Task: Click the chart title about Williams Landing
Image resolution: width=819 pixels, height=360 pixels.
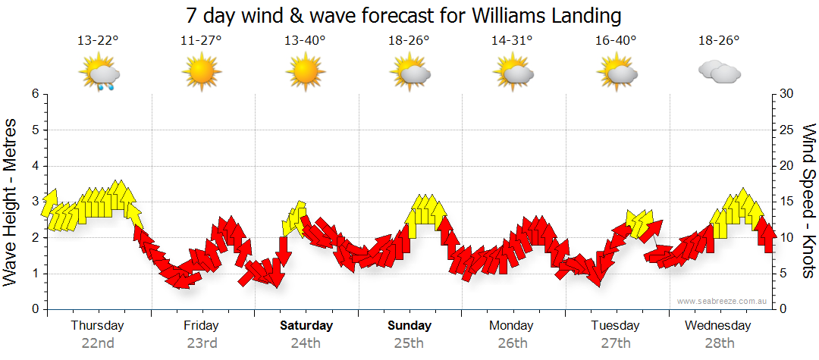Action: click(403, 15)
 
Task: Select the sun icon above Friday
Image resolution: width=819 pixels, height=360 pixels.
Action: click(201, 73)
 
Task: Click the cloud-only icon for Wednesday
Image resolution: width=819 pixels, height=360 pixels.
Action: click(719, 72)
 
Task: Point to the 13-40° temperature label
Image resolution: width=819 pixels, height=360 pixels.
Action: click(305, 41)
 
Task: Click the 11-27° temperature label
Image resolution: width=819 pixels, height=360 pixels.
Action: click(201, 41)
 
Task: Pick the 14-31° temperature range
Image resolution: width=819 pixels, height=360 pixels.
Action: click(512, 41)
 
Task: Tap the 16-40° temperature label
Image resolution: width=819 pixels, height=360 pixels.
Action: click(616, 41)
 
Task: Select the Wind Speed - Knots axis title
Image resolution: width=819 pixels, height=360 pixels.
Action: click(808, 202)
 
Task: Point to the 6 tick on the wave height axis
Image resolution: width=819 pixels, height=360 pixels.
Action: click(34, 94)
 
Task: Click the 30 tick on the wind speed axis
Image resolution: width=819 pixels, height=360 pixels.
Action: click(787, 94)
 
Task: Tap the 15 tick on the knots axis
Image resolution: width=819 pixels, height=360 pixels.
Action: click(787, 202)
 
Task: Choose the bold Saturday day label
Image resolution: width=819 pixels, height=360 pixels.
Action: click(306, 326)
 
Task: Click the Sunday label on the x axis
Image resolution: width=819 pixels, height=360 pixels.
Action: click(409, 326)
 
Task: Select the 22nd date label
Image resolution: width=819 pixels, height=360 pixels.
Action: click(98, 343)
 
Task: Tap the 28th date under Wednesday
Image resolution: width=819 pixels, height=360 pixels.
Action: click(718, 343)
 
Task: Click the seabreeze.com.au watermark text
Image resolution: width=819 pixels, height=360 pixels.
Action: click(723, 301)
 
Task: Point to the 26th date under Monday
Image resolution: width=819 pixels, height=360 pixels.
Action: click(512, 343)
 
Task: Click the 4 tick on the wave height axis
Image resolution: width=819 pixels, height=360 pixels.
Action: click(34, 166)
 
